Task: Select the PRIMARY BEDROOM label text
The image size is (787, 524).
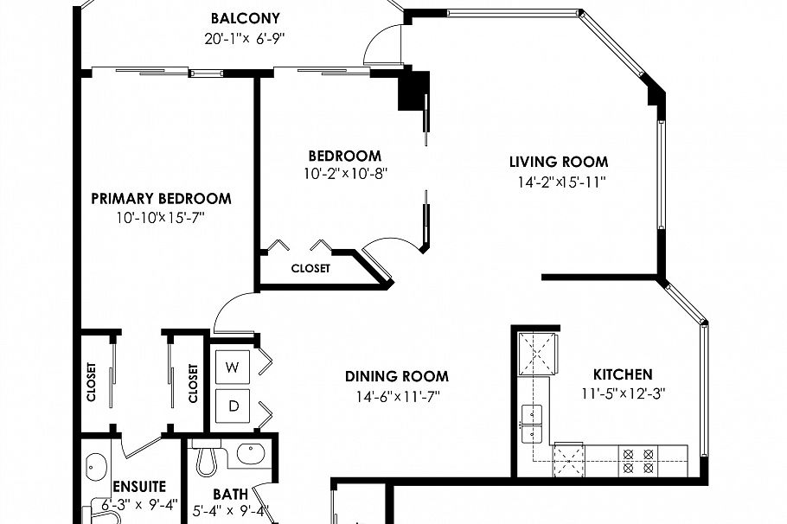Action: point(161,199)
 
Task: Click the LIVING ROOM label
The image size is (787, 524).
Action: point(558,162)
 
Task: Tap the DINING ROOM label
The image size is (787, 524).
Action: point(397,376)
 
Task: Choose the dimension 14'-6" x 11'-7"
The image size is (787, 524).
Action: point(397,397)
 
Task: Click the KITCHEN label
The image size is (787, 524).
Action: point(622,374)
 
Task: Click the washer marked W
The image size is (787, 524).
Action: point(232,367)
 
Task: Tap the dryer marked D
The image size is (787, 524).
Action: point(232,404)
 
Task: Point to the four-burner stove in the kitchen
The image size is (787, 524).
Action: point(638,460)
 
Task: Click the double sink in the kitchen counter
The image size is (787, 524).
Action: point(532,421)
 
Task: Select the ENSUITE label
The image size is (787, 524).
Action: point(139,488)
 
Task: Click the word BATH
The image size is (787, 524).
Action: point(230,495)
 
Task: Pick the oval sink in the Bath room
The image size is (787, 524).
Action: point(250,453)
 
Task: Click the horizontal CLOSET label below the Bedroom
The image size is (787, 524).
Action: point(310,268)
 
